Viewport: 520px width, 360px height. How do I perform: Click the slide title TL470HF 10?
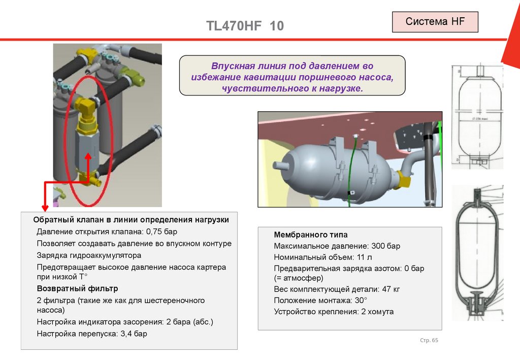[x=245, y=26]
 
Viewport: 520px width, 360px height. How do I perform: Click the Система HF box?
[x=435, y=22]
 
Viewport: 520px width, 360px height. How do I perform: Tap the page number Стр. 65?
[x=429, y=340]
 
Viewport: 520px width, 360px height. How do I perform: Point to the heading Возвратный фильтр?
[x=77, y=288]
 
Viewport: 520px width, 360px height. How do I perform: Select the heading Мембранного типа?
[x=311, y=235]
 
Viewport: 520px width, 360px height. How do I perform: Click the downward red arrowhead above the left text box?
[x=45, y=207]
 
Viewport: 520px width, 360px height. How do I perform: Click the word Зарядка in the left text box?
[x=51, y=255]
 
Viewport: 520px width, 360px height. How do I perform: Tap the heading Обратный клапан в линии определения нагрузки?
[x=131, y=220]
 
